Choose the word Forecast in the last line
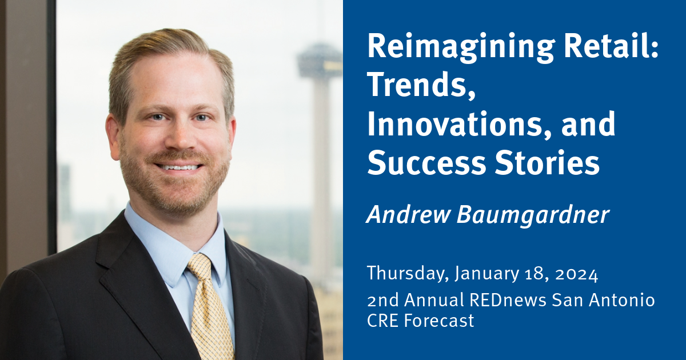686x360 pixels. pyautogui.click(x=439, y=321)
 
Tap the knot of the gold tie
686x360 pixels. pyautogui.click(x=201, y=269)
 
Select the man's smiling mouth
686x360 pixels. pyautogui.click(x=179, y=167)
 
